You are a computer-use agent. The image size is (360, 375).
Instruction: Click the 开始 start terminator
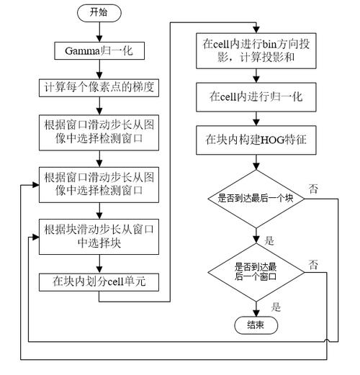99,13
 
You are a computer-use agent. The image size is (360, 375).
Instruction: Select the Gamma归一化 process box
99,50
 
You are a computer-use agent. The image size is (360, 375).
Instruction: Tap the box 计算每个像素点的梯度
99,88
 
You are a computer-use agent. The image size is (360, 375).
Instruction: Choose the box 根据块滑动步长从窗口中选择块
99,236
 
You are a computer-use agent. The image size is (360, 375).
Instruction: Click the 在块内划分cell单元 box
99,281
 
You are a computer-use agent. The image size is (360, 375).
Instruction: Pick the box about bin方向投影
257,51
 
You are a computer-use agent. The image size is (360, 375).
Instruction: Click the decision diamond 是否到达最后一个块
257,197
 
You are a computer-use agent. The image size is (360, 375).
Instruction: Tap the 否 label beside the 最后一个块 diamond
313,188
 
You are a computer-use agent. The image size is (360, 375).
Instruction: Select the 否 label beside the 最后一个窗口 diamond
313,264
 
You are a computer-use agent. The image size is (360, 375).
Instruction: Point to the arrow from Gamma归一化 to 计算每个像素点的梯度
99,69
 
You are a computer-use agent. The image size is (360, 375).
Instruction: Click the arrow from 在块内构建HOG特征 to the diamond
257,161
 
